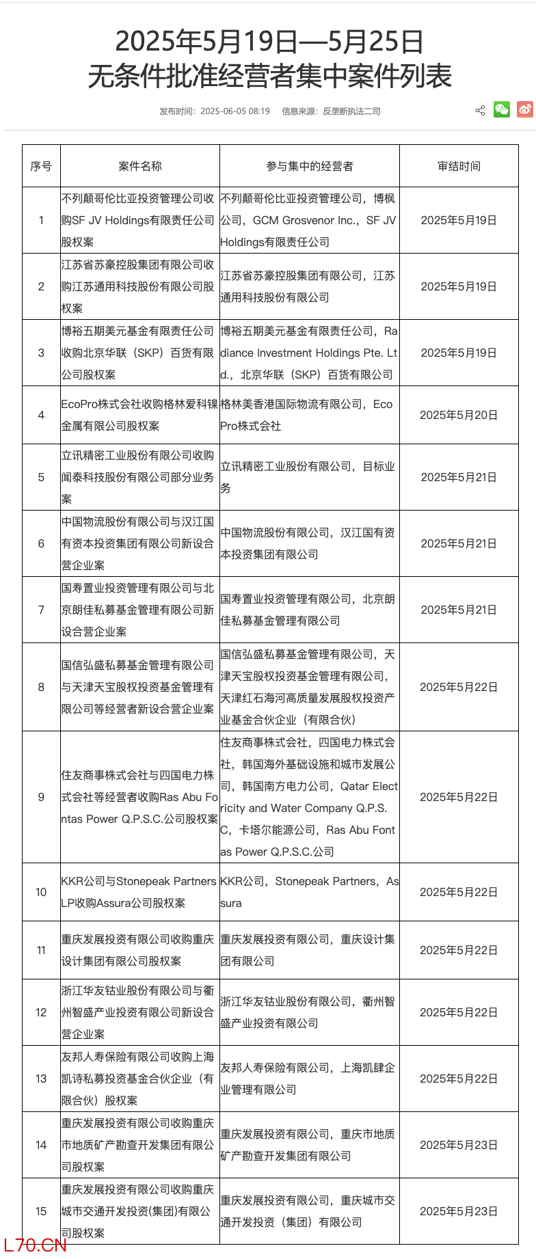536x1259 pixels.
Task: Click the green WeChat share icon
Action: tap(502, 110)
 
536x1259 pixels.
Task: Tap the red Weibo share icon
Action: tap(525, 110)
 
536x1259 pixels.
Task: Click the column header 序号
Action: tap(41, 166)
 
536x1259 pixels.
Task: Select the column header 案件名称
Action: tap(140, 166)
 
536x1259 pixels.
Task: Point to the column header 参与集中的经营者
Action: tap(310, 166)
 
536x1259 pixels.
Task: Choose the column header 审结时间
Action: tap(459, 166)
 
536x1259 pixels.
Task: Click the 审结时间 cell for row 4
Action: tap(459, 415)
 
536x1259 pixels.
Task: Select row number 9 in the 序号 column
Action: tap(41, 797)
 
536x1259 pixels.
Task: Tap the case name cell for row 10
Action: tap(139, 892)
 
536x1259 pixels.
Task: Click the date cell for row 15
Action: tap(459, 1211)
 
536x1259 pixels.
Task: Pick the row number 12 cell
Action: tap(41, 1012)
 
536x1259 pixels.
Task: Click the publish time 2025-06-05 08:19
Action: tap(234, 111)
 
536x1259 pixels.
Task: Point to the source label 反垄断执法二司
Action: tap(351, 111)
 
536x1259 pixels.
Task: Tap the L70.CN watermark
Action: tap(35, 1245)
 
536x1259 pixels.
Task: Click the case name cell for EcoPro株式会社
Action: tap(139, 415)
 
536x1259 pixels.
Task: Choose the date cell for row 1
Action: tap(459, 220)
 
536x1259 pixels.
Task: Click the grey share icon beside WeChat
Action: tap(480, 111)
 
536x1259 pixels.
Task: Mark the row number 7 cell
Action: tap(41, 610)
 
